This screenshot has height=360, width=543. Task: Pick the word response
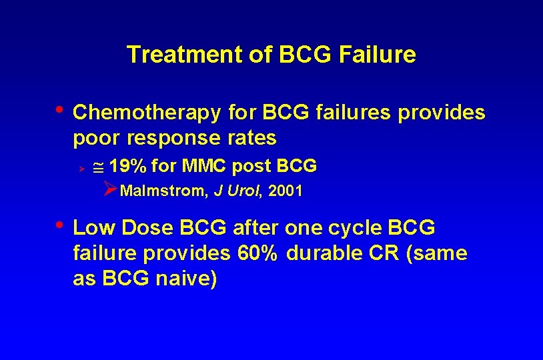tap(171, 139)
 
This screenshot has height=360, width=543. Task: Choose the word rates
tap(251, 139)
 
